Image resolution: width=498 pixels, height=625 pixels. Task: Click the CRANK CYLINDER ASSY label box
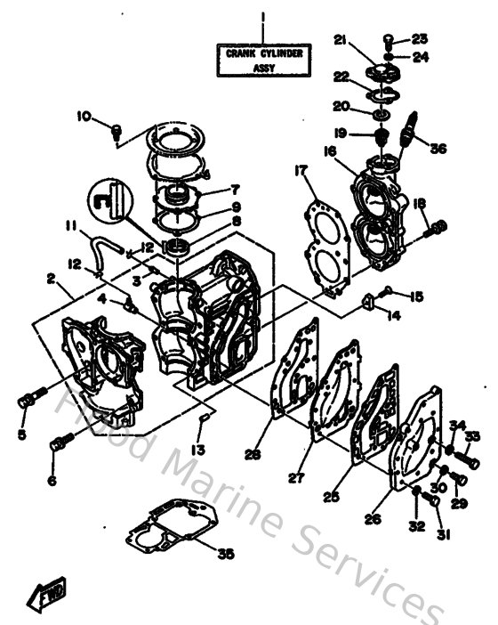click(263, 60)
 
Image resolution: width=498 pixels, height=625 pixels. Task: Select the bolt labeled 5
click(26, 401)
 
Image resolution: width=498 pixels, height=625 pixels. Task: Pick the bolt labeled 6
click(60, 441)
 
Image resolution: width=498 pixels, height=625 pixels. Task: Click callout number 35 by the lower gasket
click(226, 553)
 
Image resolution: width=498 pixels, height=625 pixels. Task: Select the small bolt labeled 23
click(390, 38)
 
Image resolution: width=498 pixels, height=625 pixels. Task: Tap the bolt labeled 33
click(469, 460)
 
